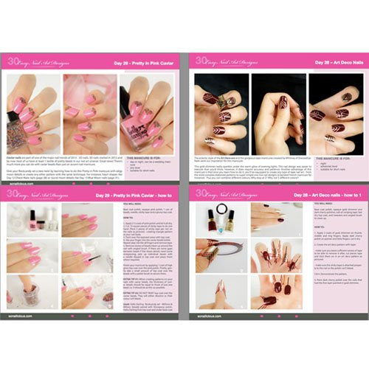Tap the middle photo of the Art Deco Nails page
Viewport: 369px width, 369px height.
pyautogui.click(x=278, y=108)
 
